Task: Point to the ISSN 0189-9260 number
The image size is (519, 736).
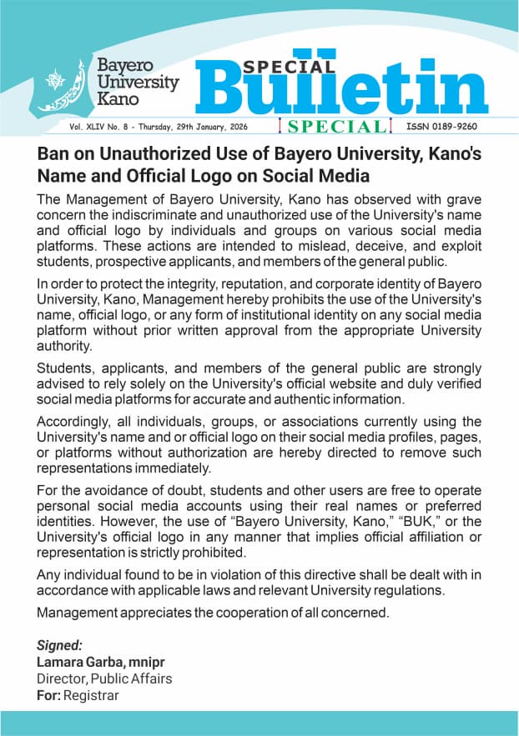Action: (441, 127)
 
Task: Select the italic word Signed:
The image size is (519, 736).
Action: (60, 645)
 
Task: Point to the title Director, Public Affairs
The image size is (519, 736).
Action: (104, 678)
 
